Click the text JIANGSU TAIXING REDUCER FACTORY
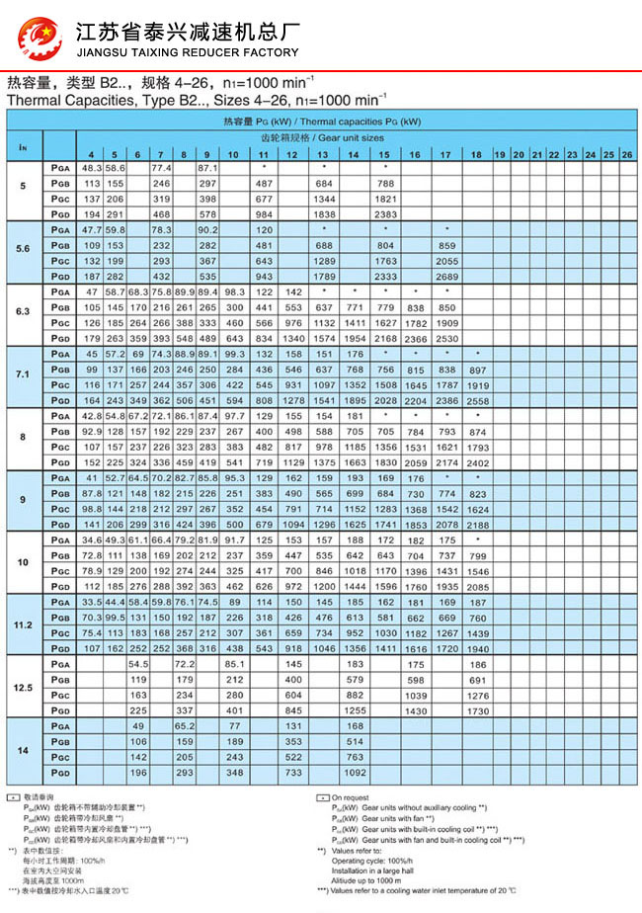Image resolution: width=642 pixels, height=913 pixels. point(187,52)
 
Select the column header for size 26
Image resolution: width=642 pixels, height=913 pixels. point(626,155)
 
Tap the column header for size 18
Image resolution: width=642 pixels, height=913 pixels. point(476,155)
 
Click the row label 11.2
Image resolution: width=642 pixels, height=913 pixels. point(24,625)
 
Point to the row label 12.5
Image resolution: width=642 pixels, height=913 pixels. point(24,687)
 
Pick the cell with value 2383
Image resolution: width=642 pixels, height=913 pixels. point(385,213)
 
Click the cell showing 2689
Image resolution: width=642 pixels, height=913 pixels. point(446,276)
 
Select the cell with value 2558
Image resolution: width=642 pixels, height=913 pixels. point(477,402)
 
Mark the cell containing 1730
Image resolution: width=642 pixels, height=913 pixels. point(477,710)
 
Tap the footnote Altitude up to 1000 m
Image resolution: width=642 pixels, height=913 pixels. point(365,878)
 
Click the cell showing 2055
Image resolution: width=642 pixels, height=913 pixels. point(446,261)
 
